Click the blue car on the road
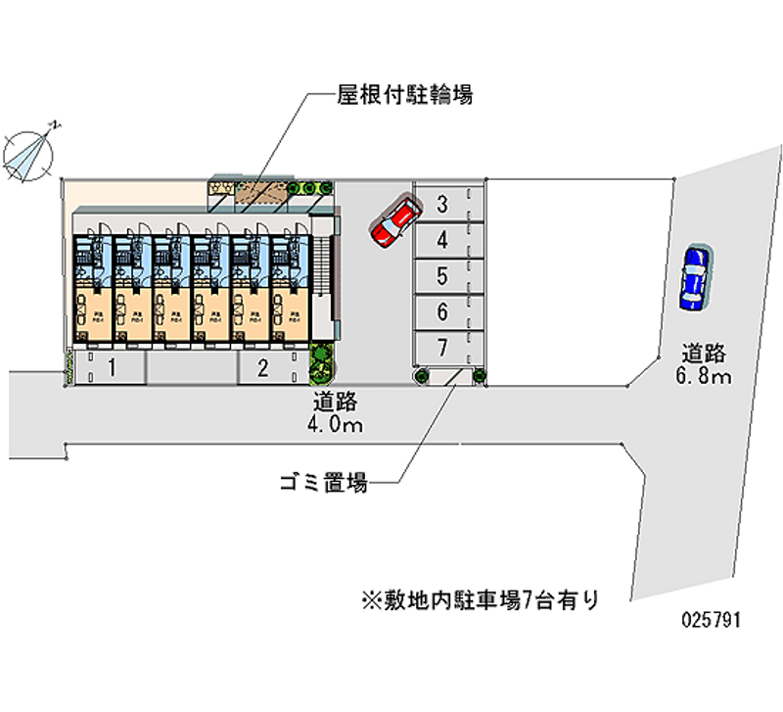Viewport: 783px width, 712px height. (694, 276)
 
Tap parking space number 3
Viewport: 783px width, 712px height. (442, 205)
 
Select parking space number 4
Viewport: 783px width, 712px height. (442, 240)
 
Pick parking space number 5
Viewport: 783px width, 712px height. (442, 276)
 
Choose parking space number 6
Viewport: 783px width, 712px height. (442, 312)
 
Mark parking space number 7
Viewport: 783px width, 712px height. (442, 348)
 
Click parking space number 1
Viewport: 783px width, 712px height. (113, 368)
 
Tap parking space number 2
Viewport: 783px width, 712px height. (262, 368)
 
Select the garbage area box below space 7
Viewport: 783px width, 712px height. (451, 375)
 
